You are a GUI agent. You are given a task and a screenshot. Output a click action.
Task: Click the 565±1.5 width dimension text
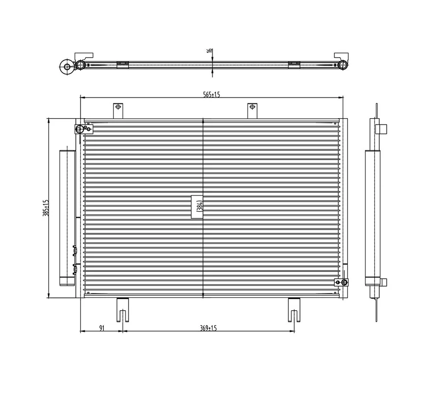tap(212, 95)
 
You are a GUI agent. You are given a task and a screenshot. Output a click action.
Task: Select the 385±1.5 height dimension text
tap(46, 208)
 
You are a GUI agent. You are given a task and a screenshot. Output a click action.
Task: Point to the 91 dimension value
tap(102, 328)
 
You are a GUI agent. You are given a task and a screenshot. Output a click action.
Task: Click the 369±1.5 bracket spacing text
tap(209, 328)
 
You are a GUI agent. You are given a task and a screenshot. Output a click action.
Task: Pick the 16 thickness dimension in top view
tap(210, 51)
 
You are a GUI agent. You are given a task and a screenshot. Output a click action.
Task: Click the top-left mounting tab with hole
tap(118, 111)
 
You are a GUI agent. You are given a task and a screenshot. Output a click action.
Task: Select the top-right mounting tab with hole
tap(252, 111)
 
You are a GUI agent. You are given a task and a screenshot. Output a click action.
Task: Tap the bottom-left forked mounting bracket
tap(123, 310)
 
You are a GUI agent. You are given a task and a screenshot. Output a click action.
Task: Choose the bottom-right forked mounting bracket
tap(294, 310)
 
